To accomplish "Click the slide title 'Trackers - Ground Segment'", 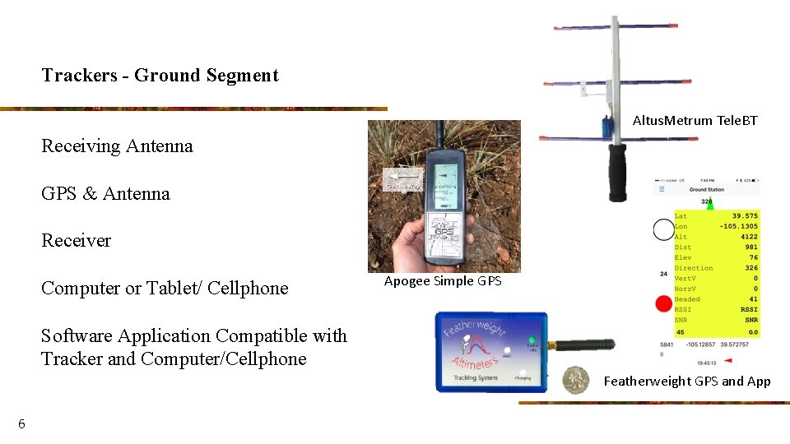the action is [x=160, y=76].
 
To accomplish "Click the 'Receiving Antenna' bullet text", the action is [x=117, y=146].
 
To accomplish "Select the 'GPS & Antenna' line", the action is [x=105, y=194].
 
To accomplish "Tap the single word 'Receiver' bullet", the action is [x=76, y=241].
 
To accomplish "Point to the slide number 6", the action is [x=21, y=424].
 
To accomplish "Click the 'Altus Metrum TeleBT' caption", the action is [x=695, y=121].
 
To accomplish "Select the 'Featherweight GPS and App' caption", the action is [x=687, y=382].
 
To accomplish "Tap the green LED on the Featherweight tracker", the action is [x=532, y=340].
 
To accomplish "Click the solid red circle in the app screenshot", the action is [x=663, y=304].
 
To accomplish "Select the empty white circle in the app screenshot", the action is [x=663, y=230].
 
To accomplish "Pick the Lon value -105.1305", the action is [x=739, y=227].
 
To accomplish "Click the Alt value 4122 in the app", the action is [x=748, y=237].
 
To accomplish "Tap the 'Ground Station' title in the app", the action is [x=706, y=190].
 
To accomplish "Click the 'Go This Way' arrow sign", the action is [x=403, y=178].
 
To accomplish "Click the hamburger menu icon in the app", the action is [x=660, y=189].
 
